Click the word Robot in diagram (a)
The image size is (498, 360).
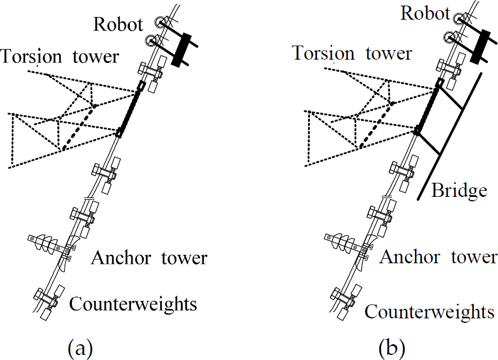pyautogui.click(x=118, y=24)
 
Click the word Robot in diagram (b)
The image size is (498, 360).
pyautogui.click(x=425, y=13)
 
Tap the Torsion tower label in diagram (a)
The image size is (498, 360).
pyautogui.click(x=60, y=57)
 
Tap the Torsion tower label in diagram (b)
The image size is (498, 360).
pyautogui.click(x=352, y=53)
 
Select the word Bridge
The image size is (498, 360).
pyautogui.click(x=459, y=191)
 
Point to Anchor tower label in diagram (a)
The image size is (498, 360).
pyautogui.click(x=149, y=258)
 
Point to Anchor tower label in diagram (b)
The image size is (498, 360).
pyautogui.click(x=438, y=256)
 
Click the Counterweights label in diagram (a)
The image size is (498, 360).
pyautogui.click(x=133, y=304)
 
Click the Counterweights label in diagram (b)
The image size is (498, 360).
pyautogui.click(x=429, y=312)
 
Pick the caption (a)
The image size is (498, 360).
pyautogui.click(x=80, y=348)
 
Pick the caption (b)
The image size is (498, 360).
pyautogui.click(x=392, y=348)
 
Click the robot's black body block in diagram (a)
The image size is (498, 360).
pyautogui.click(x=181, y=49)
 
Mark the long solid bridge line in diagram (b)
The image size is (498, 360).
pyautogui.click(x=450, y=137)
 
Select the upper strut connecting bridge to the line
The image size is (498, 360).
pyautogui.click(x=451, y=98)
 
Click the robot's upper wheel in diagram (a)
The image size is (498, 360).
pyautogui.click(x=159, y=22)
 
